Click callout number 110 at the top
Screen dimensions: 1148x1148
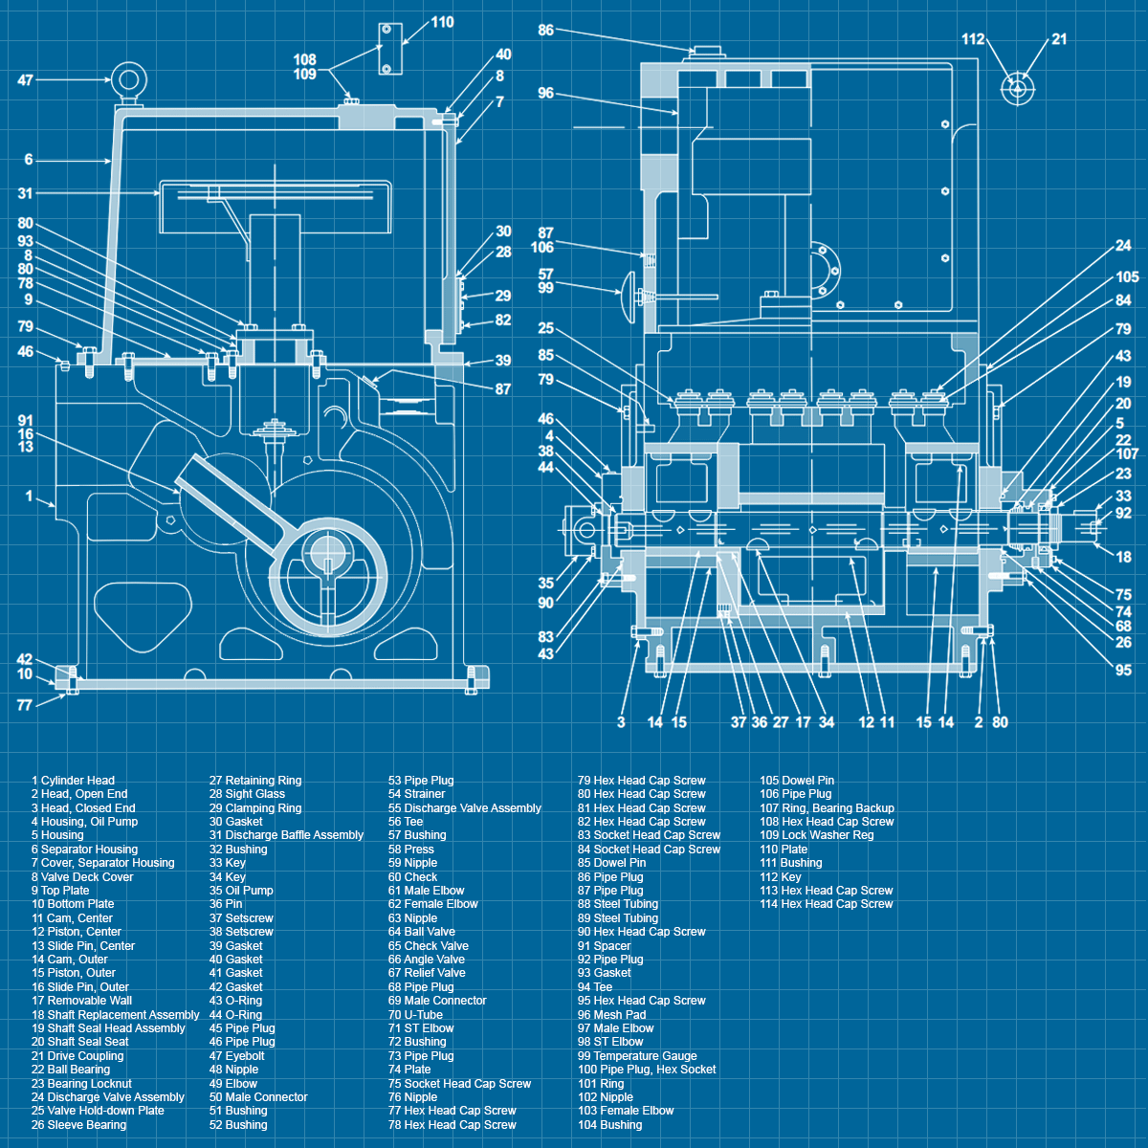[x=442, y=22]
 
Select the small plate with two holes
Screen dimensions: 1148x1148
[x=386, y=48]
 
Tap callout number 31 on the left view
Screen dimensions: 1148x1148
[x=26, y=193]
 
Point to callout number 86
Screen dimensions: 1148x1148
[x=545, y=30]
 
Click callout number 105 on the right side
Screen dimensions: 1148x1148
[x=1127, y=276]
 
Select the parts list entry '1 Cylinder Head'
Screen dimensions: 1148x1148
[x=73, y=781]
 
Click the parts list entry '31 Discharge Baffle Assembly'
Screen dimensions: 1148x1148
[x=286, y=835]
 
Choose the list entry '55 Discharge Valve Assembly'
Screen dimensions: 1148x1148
[x=464, y=808]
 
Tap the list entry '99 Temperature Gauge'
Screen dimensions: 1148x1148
[x=637, y=1056]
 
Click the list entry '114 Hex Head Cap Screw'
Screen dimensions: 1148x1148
[x=826, y=904]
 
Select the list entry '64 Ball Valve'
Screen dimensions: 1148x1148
[x=421, y=932]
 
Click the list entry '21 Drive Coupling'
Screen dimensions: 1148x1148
[x=77, y=1056]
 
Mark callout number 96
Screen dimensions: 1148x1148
[x=545, y=93]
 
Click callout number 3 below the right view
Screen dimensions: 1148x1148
[x=621, y=722]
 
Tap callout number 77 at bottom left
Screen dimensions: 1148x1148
[x=25, y=705]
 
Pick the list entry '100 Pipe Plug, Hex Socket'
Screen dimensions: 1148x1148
[x=647, y=1070]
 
